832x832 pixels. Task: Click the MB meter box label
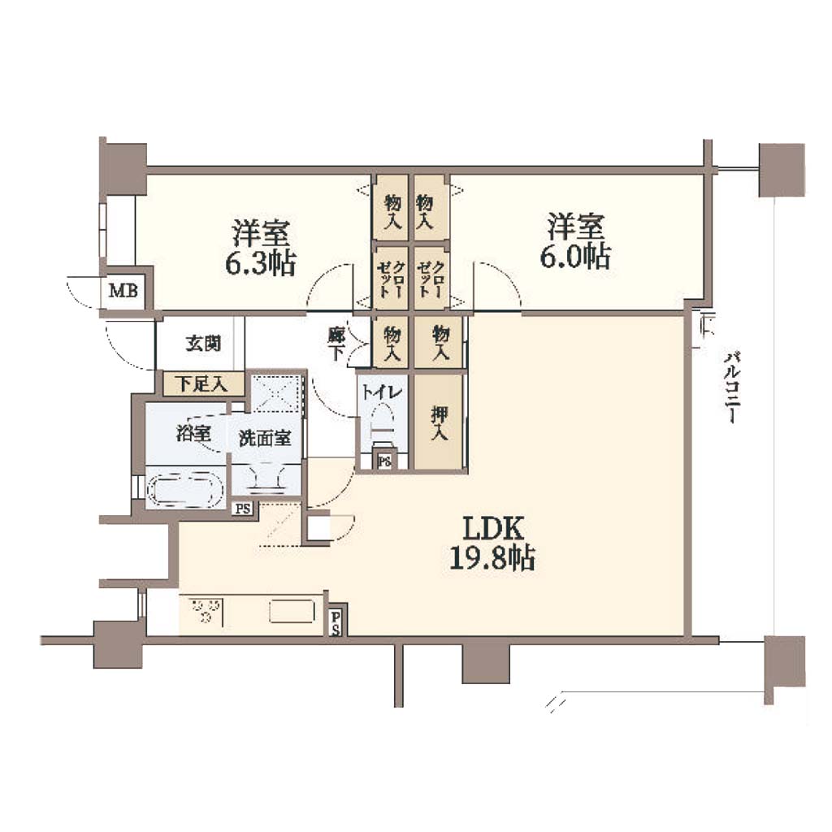(123, 291)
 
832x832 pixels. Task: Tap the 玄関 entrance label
(203, 344)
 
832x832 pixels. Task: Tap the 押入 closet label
(440, 422)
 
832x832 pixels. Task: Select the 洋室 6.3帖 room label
(261, 247)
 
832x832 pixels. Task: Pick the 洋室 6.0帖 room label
(576, 240)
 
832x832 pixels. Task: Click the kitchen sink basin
(292, 611)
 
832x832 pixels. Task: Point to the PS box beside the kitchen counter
(336, 622)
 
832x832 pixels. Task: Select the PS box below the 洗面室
(243, 509)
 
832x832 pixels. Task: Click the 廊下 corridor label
(336, 344)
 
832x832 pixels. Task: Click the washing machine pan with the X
(276, 392)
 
